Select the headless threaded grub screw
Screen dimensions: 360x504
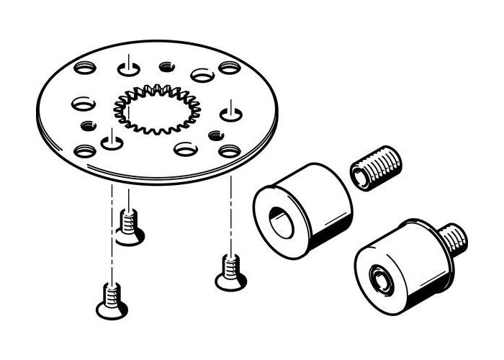click(375, 170)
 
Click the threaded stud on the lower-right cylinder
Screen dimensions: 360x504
click(451, 239)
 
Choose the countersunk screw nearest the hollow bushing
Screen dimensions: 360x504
click(230, 274)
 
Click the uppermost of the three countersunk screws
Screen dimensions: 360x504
click(129, 227)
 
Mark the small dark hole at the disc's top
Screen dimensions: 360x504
click(165, 66)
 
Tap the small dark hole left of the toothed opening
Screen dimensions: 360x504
click(88, 126)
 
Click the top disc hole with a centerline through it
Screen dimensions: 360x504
click(127, 68)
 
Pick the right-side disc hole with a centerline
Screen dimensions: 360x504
click(230, 112)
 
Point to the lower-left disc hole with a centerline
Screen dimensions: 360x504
click(112, 142)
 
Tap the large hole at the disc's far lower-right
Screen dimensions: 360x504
click(229, 151)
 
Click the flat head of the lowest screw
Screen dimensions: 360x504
click(112, 311)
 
